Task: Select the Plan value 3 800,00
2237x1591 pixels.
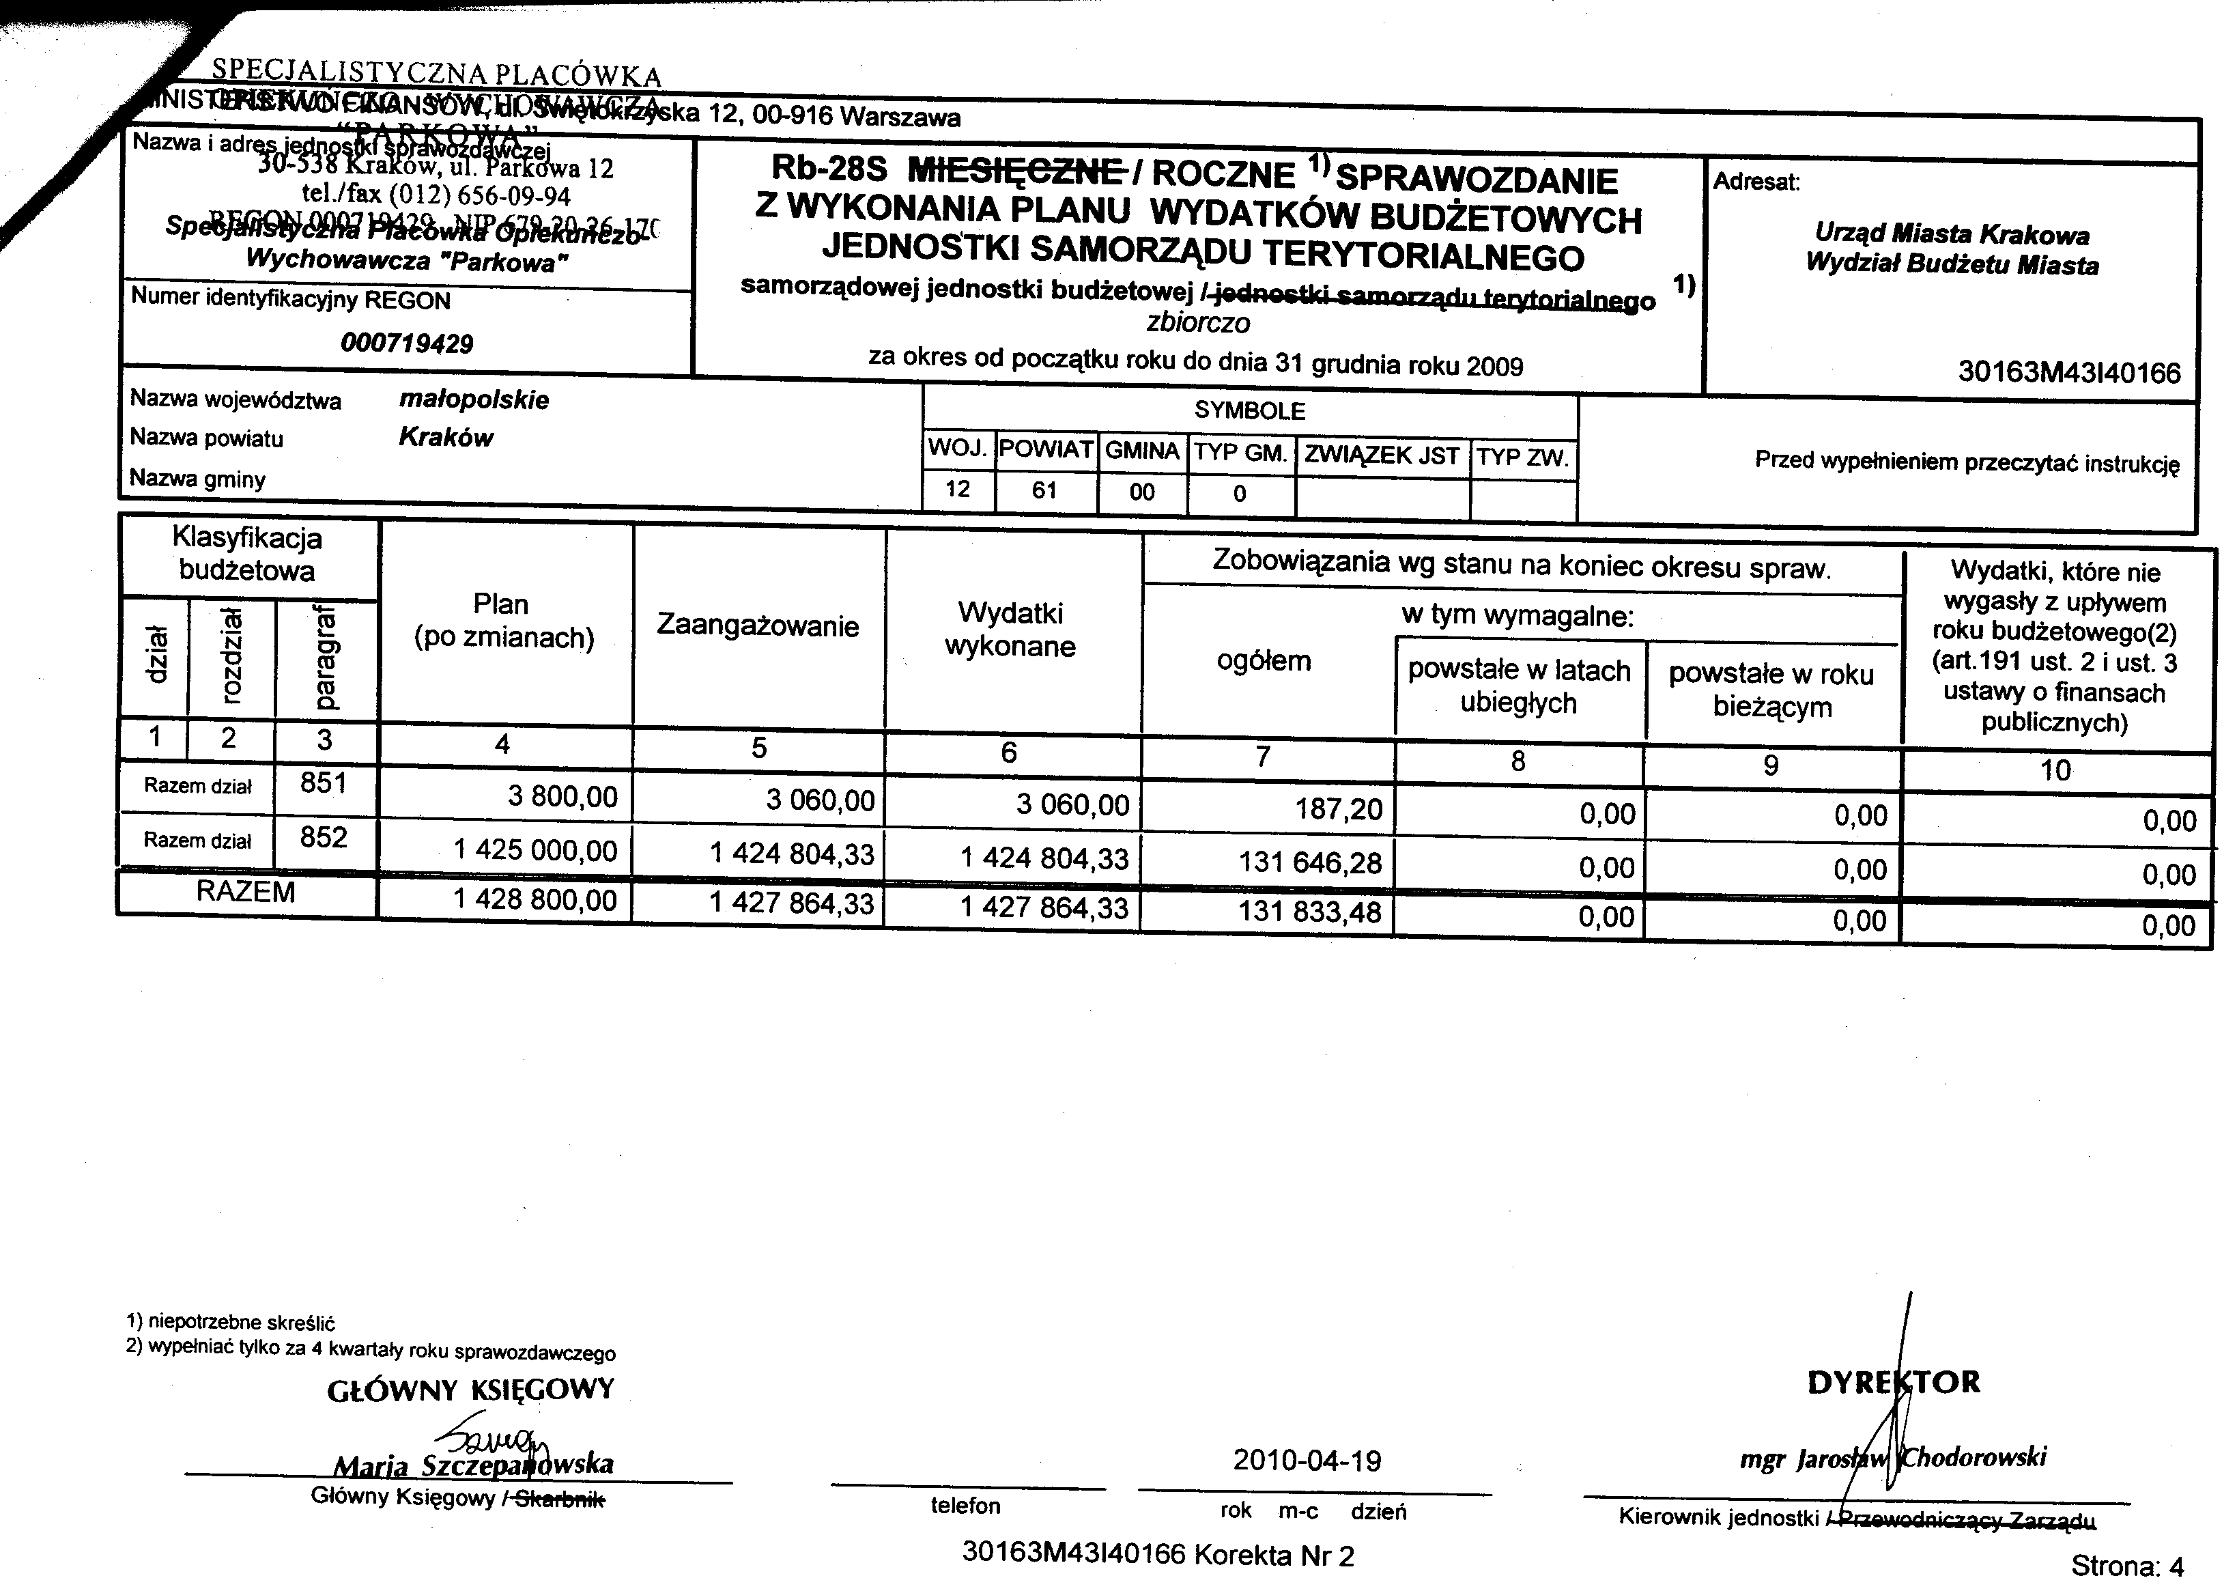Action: coord(562,796)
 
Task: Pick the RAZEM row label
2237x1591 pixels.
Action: coord(245,892)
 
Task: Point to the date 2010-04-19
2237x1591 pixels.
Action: coord(1307,1461)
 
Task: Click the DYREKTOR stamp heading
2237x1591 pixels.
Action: coord(1893,1382)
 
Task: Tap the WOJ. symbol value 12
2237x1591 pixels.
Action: coord(957,489)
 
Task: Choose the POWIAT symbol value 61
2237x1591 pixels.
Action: coord(1044,490)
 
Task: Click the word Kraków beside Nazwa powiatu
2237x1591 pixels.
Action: coord(446,437)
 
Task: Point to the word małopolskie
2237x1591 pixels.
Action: coord(474,399)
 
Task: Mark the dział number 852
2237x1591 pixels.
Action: coord(324,838)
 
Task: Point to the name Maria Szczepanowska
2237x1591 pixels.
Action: coord(473,1465)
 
